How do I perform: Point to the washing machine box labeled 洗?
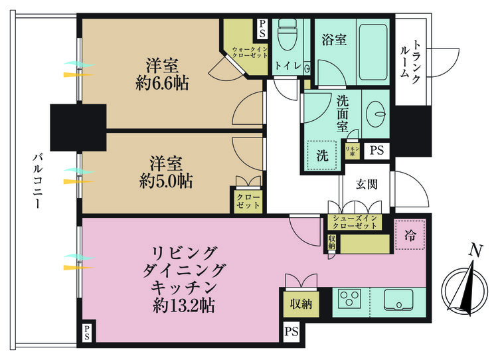(322, 156)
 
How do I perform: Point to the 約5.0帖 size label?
(166, 181)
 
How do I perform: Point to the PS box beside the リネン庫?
(376, 150)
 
